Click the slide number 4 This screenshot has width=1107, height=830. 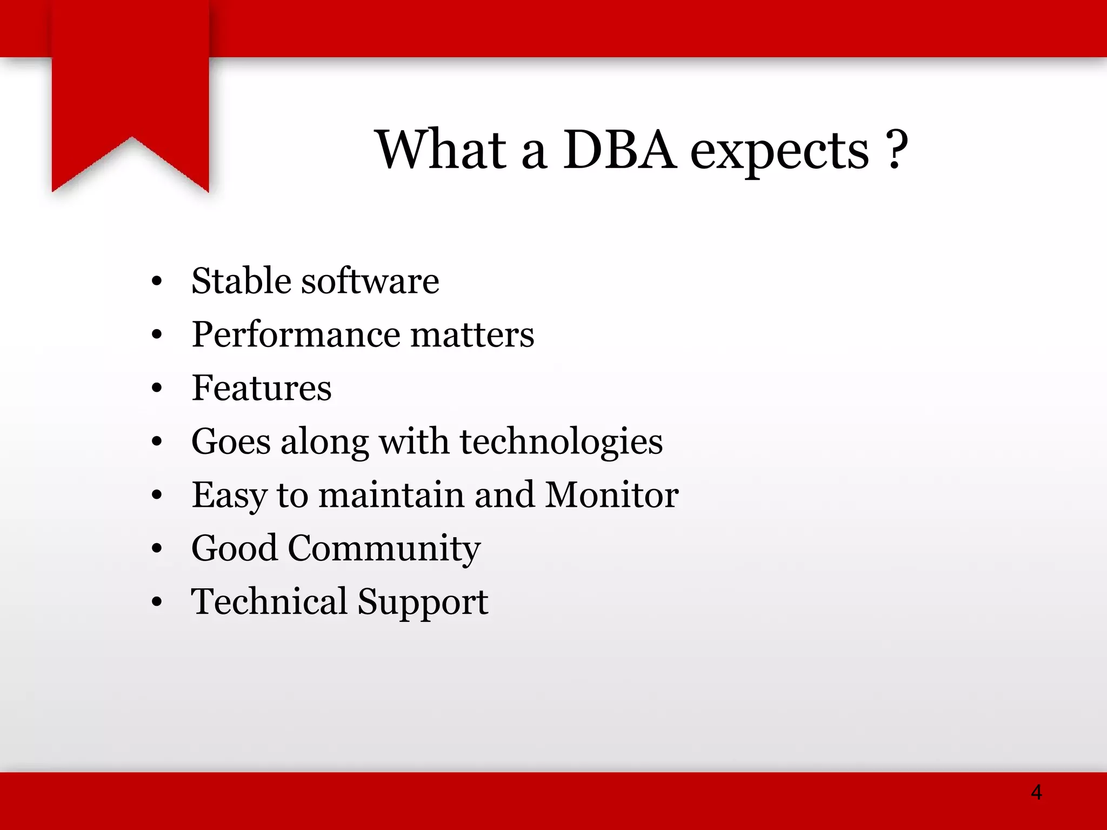(x=1036, y=792)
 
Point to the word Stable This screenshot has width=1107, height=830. (x=242, y=281)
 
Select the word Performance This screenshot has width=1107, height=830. (x=296, y=335)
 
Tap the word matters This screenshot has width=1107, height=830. (x=472, y=335)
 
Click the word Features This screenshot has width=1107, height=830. (x=262, y=388)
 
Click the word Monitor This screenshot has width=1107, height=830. (x=611, y=495)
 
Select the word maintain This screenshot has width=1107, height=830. (x=391, y=495)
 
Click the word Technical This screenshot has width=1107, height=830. (x=269, y=601)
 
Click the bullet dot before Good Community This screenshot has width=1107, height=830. (x=157, y=549)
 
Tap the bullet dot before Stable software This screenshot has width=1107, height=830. (x=157, y=281)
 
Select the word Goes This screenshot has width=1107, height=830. (x=231, y=442)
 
